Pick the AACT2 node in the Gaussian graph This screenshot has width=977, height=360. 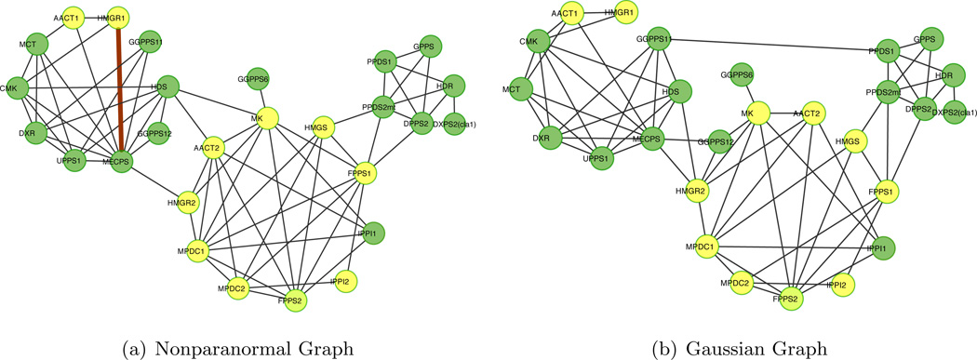(806, 113)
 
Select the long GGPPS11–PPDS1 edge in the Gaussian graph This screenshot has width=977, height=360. (772, 45)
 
